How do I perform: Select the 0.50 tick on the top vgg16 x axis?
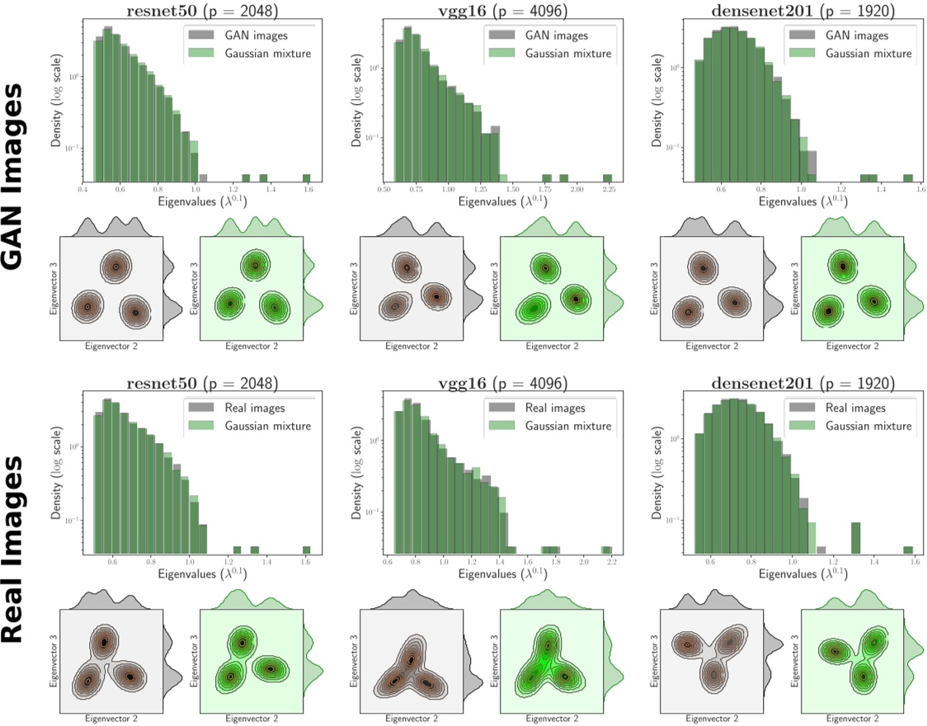click(384, 189)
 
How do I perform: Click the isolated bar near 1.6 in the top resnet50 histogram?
click(307, 177)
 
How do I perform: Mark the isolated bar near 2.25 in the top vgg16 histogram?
click(607, 177)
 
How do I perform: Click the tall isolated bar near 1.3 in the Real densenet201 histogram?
click(856, 537)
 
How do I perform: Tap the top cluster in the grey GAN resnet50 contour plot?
click(116, 266)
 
